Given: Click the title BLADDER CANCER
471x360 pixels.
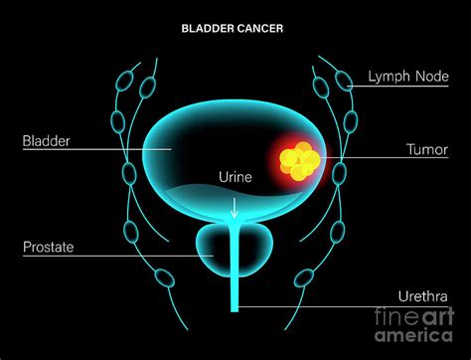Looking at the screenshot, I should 235,28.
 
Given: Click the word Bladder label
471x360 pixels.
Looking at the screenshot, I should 46,140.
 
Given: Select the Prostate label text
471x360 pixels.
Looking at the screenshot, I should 48,245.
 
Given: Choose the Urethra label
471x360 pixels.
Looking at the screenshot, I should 421,296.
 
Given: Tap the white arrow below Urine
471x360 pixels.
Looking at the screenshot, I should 235,207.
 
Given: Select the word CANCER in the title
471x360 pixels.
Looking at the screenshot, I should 260,28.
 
